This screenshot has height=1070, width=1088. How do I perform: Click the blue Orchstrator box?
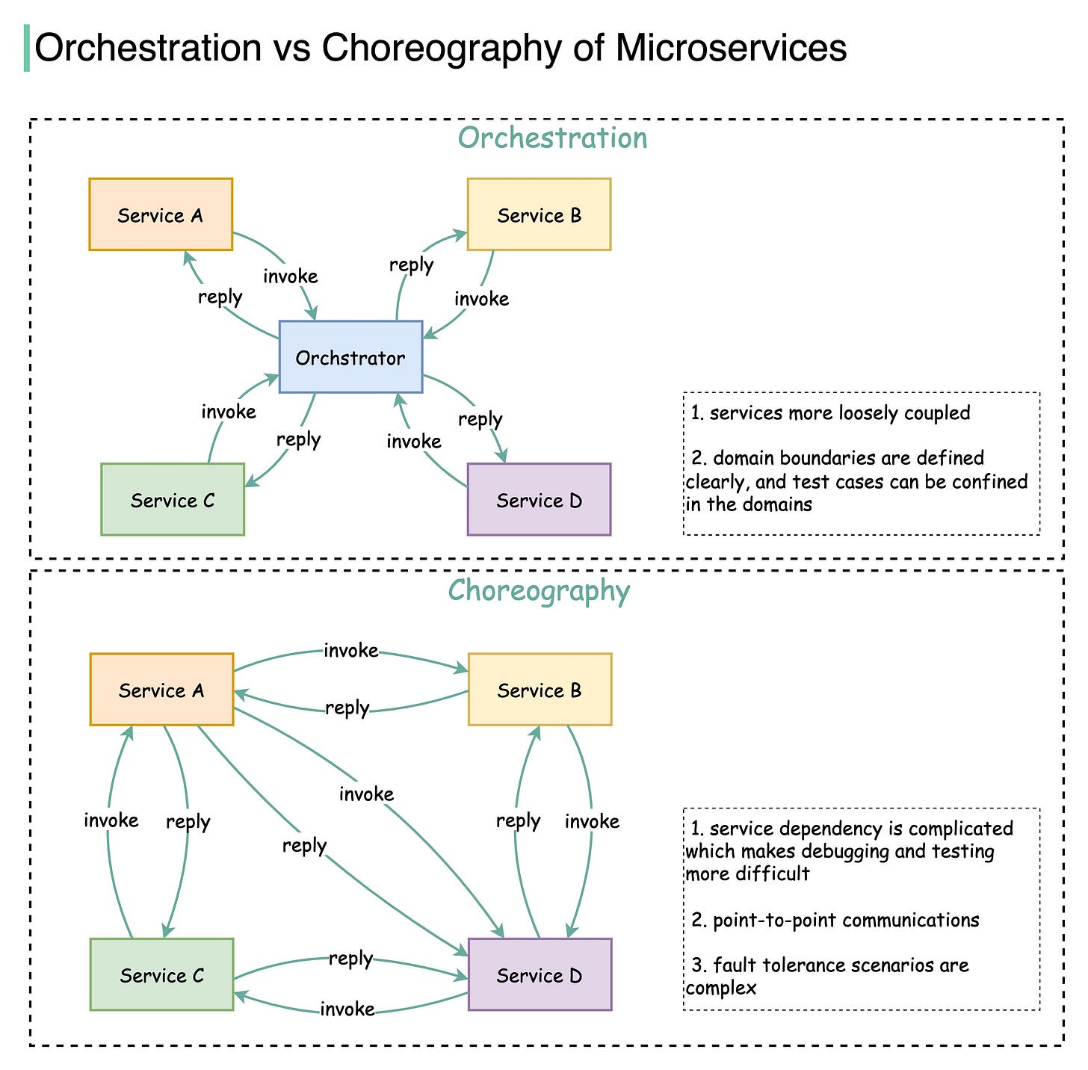click(x=350, y=357)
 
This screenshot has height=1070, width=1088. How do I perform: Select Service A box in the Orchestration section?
click(x=161, y=214)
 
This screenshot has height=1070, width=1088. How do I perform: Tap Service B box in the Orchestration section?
click(x=539, y=214)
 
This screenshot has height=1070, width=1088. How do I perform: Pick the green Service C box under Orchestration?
click(x=173, y=499)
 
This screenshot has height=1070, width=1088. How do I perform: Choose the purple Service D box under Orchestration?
click(x=539, y=499)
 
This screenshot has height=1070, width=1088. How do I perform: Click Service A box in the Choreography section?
click(x=161, y=690)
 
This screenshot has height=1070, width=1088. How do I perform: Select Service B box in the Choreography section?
click(x=540, y=690)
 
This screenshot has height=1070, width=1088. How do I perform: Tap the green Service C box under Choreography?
click(x=161, y=974)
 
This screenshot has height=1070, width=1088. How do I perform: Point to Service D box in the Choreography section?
click(x=540, y=974)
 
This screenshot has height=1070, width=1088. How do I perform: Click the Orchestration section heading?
click(x=552, y=138)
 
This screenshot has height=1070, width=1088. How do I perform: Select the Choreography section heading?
click(x=539, y=590)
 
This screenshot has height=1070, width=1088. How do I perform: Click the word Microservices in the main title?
click(x=731, y=49)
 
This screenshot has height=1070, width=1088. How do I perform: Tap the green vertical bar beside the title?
click(x=27, y=48)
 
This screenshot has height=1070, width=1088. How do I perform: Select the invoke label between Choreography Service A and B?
click(x=350, y=651)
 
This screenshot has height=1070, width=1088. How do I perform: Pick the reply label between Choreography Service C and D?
click(x=350, y=958)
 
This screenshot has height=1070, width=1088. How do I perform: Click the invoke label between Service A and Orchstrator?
click(x=291, y=276)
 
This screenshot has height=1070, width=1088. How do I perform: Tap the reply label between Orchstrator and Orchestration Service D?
click(x=480, y=419)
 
